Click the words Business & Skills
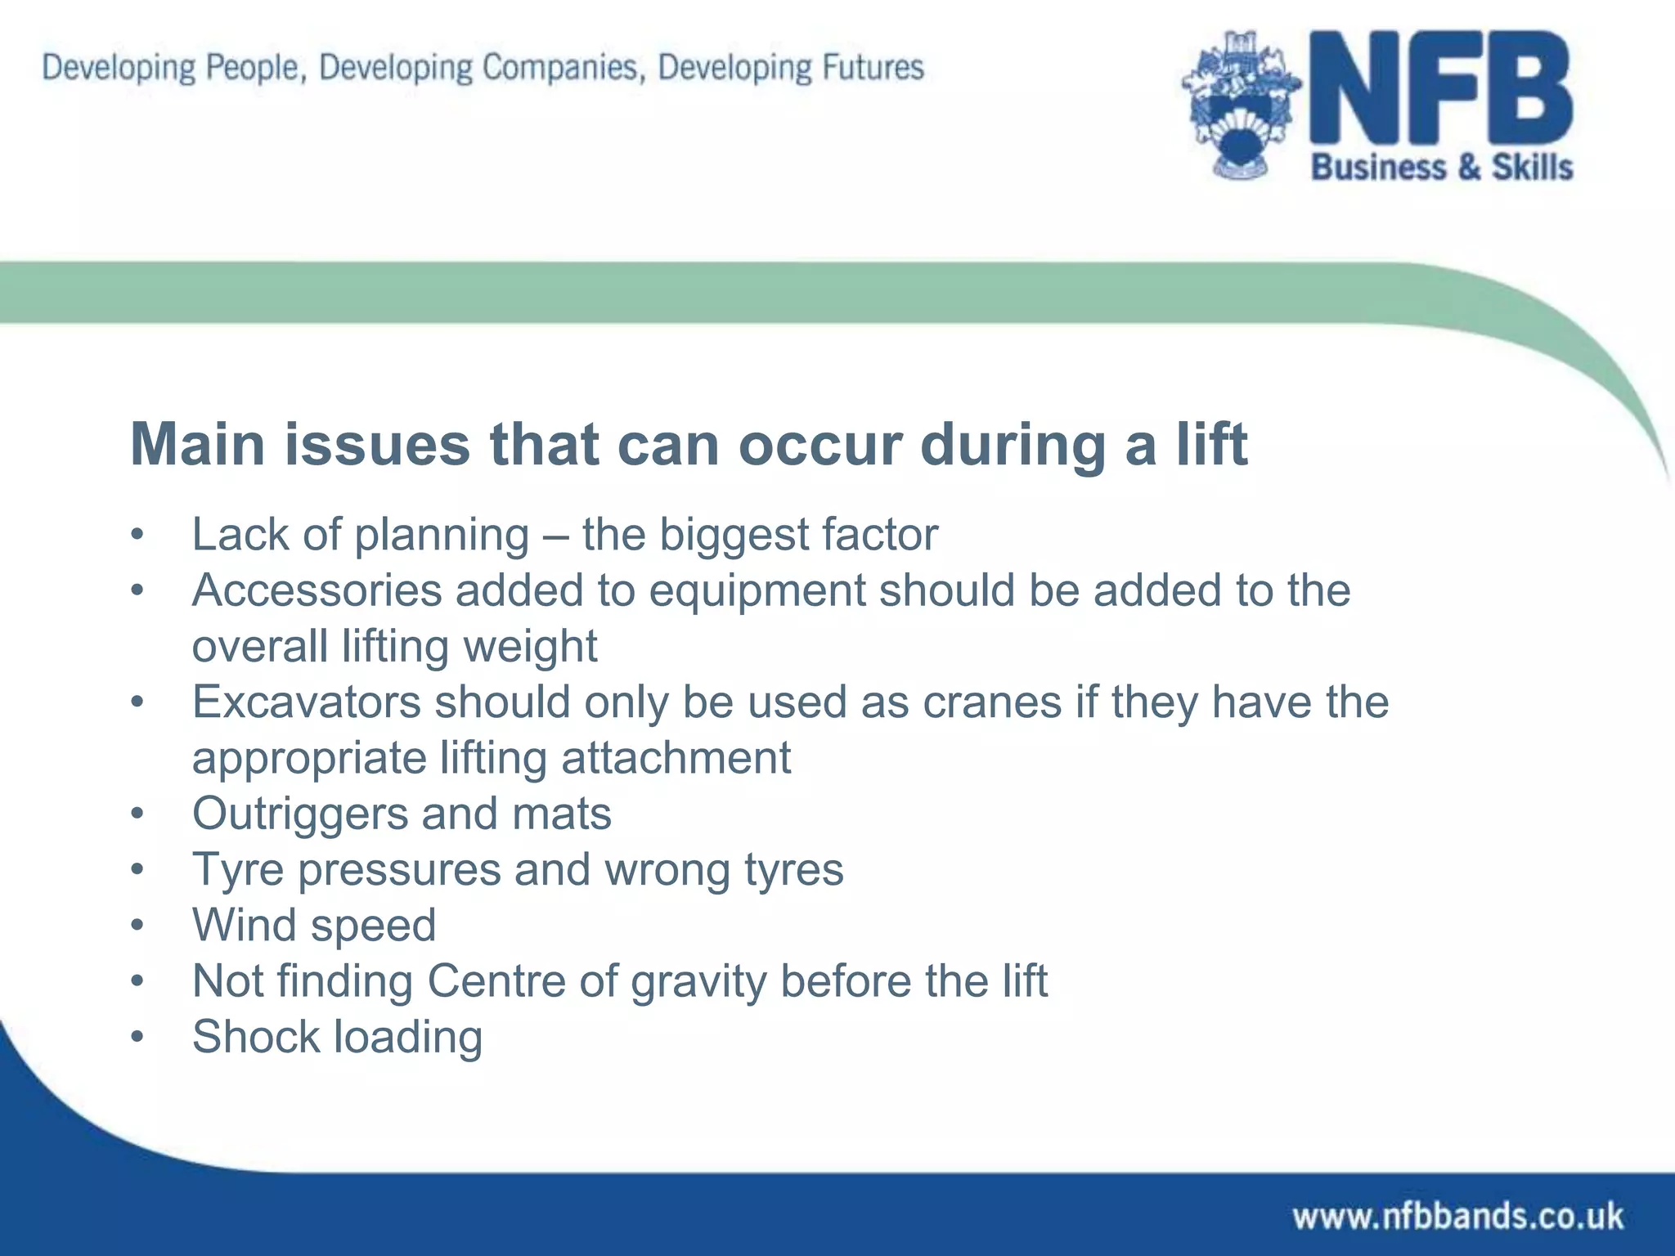point(1442,168)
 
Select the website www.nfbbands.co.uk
point(1457,1216)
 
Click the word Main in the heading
point(198,445)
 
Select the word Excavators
point(305,702)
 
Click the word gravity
point(698,981)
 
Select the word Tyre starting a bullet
point(237,870)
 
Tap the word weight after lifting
point(530,647)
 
